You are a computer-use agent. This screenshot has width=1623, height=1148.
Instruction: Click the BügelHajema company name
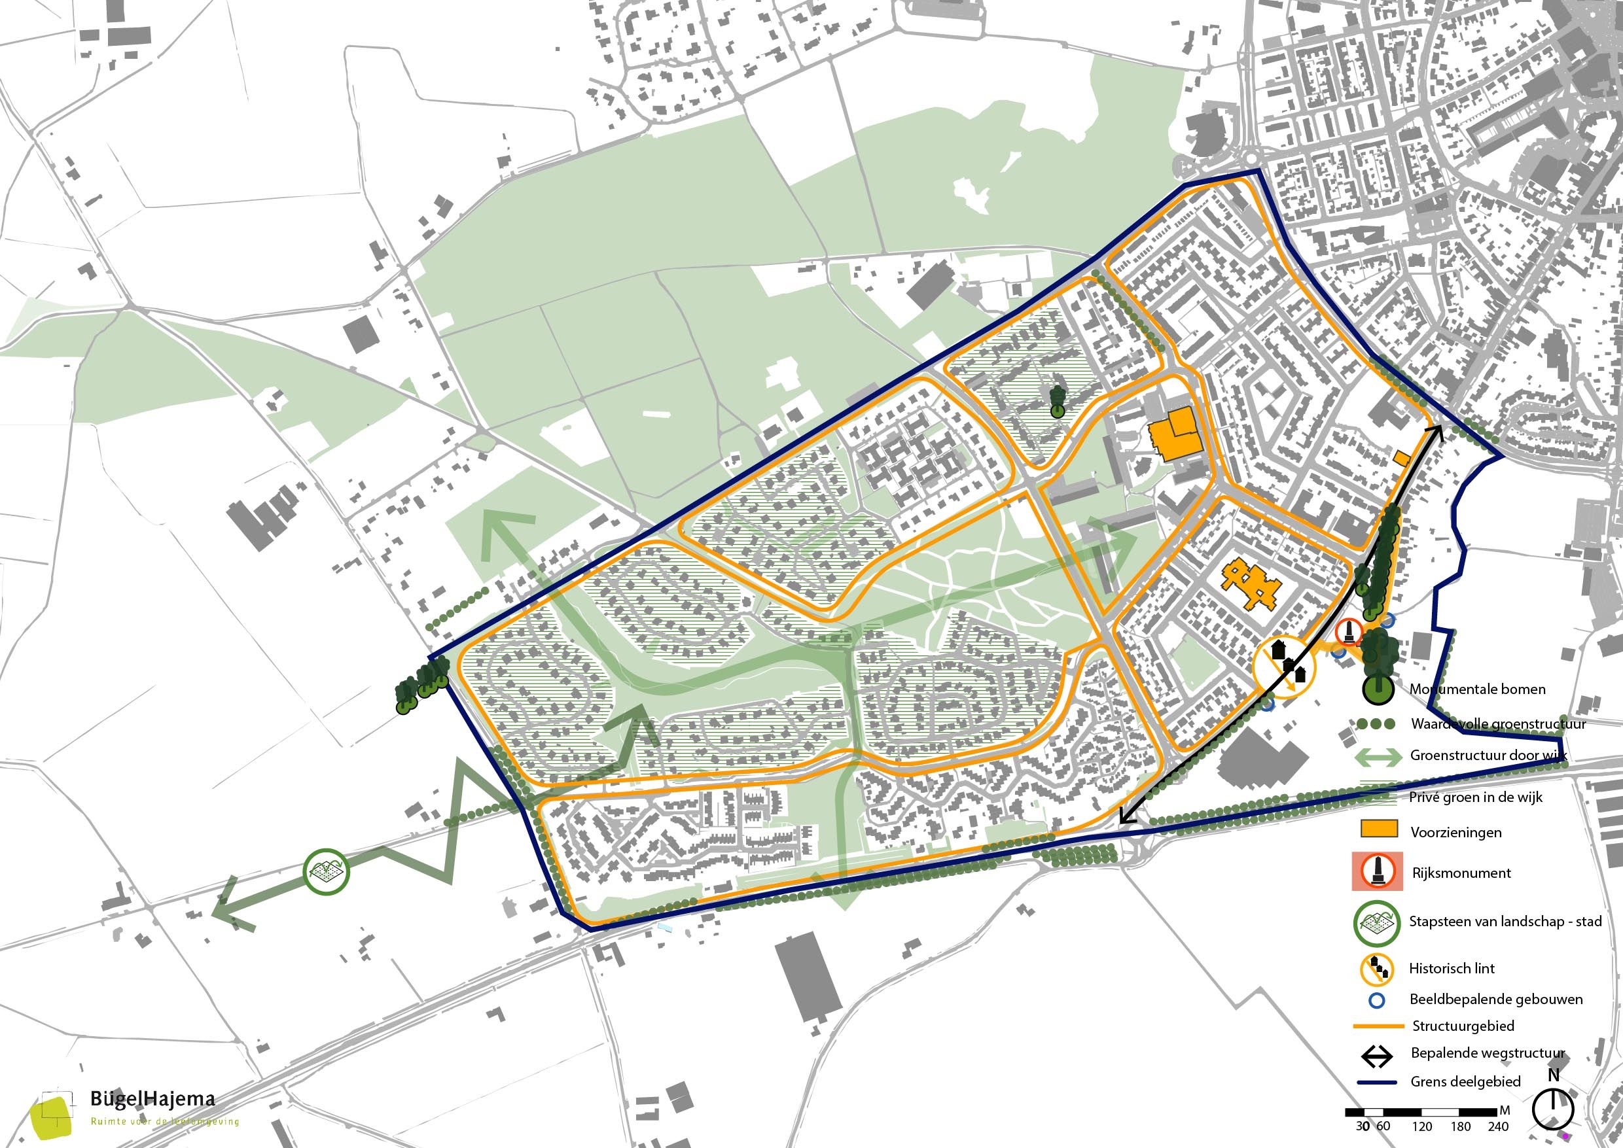point(152,1098)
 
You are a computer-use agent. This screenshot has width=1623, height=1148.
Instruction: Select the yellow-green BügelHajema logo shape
point(53,1117)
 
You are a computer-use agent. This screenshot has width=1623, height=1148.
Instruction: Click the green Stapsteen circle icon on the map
point(327,873)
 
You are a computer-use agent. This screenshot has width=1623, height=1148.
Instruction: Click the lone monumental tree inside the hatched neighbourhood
point(1058,402)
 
